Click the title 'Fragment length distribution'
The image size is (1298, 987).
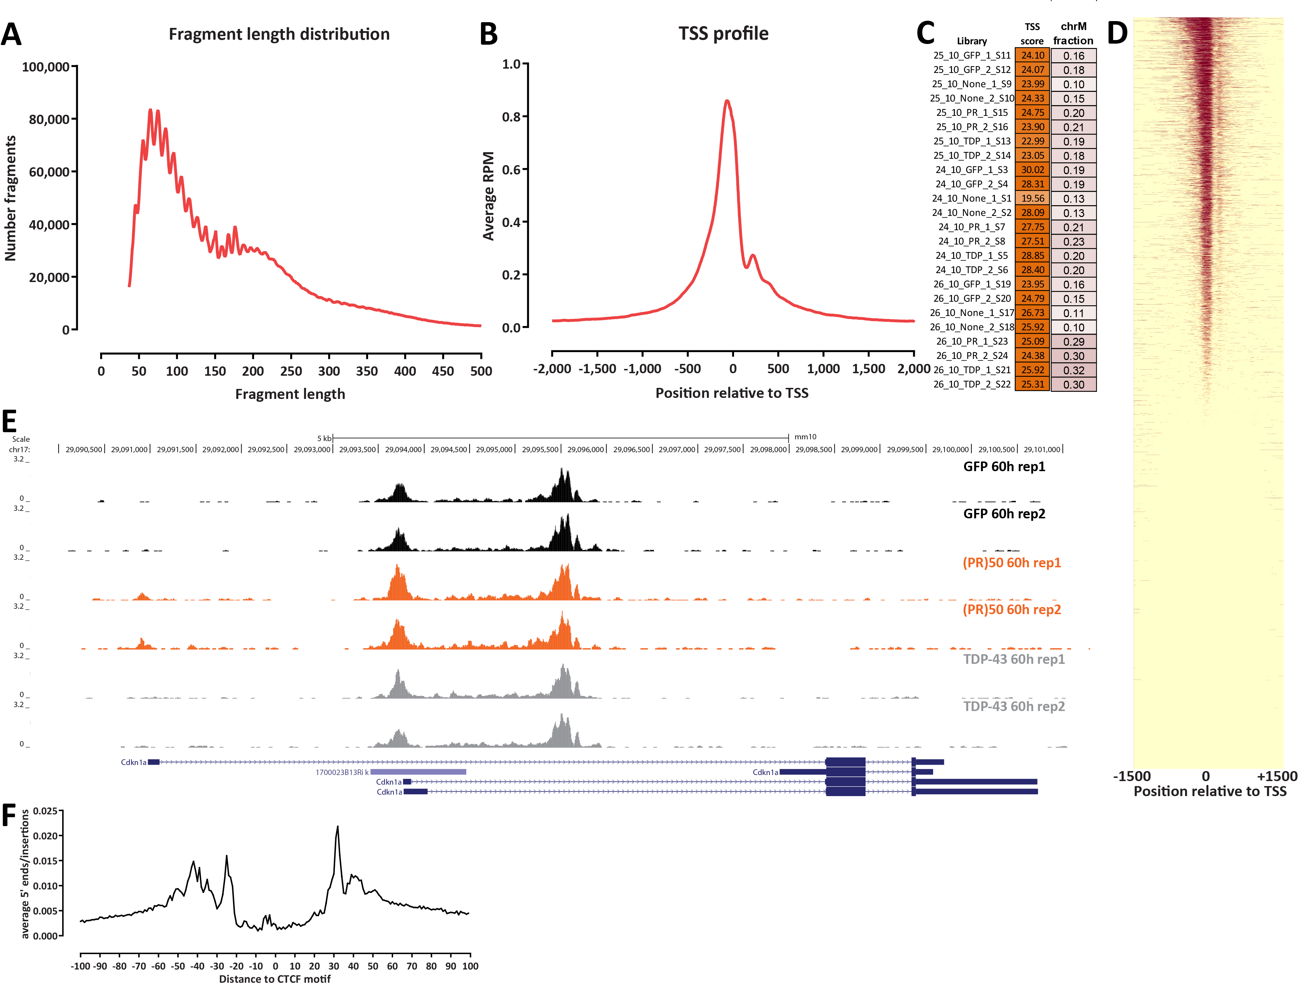click(279, 34)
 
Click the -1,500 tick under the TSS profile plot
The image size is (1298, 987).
click(597, 369)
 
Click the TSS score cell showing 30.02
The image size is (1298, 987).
click(1032, 170)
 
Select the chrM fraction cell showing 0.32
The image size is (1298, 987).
click(1074, 370)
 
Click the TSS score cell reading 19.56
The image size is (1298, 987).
click(1032, 198)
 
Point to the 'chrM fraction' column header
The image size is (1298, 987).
click(1073, 34)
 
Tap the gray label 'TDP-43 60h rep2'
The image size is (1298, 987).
click(1014, 706)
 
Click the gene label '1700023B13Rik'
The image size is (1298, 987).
click(342, 772)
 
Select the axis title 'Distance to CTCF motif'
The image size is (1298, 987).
click(275, 979)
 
